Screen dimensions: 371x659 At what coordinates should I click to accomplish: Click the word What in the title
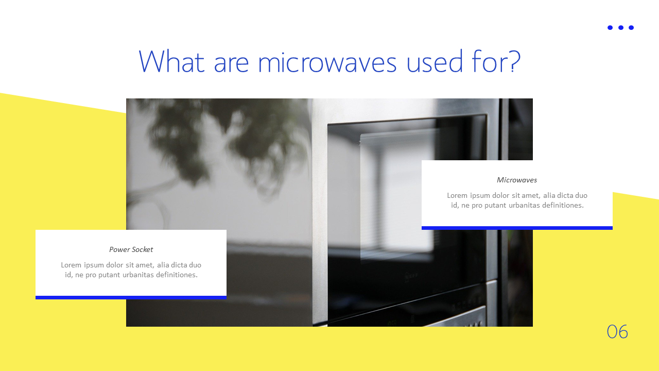point(171,61)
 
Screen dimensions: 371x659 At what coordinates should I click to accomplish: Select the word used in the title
point(434,61)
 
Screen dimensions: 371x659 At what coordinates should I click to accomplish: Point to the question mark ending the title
point(514,61)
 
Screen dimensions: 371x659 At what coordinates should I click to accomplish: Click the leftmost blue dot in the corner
point(610,28)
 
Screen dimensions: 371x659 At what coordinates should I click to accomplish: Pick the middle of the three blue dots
point(621,28)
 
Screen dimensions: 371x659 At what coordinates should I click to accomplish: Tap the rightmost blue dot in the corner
point(631,28)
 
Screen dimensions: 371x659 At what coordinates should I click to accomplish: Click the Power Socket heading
point(131,249)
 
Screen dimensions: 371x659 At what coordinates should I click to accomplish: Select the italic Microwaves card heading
point(517,180)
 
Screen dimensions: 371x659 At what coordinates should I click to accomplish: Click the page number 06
point(617,332)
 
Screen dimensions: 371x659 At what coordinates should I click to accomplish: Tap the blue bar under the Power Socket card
point(131,297)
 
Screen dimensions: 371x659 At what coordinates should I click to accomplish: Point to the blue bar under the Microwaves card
point(517,228)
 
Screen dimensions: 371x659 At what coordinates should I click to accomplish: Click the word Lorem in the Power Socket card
point(71,265)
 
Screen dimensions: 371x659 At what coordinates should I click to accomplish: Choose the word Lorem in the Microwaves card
point(457,195)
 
